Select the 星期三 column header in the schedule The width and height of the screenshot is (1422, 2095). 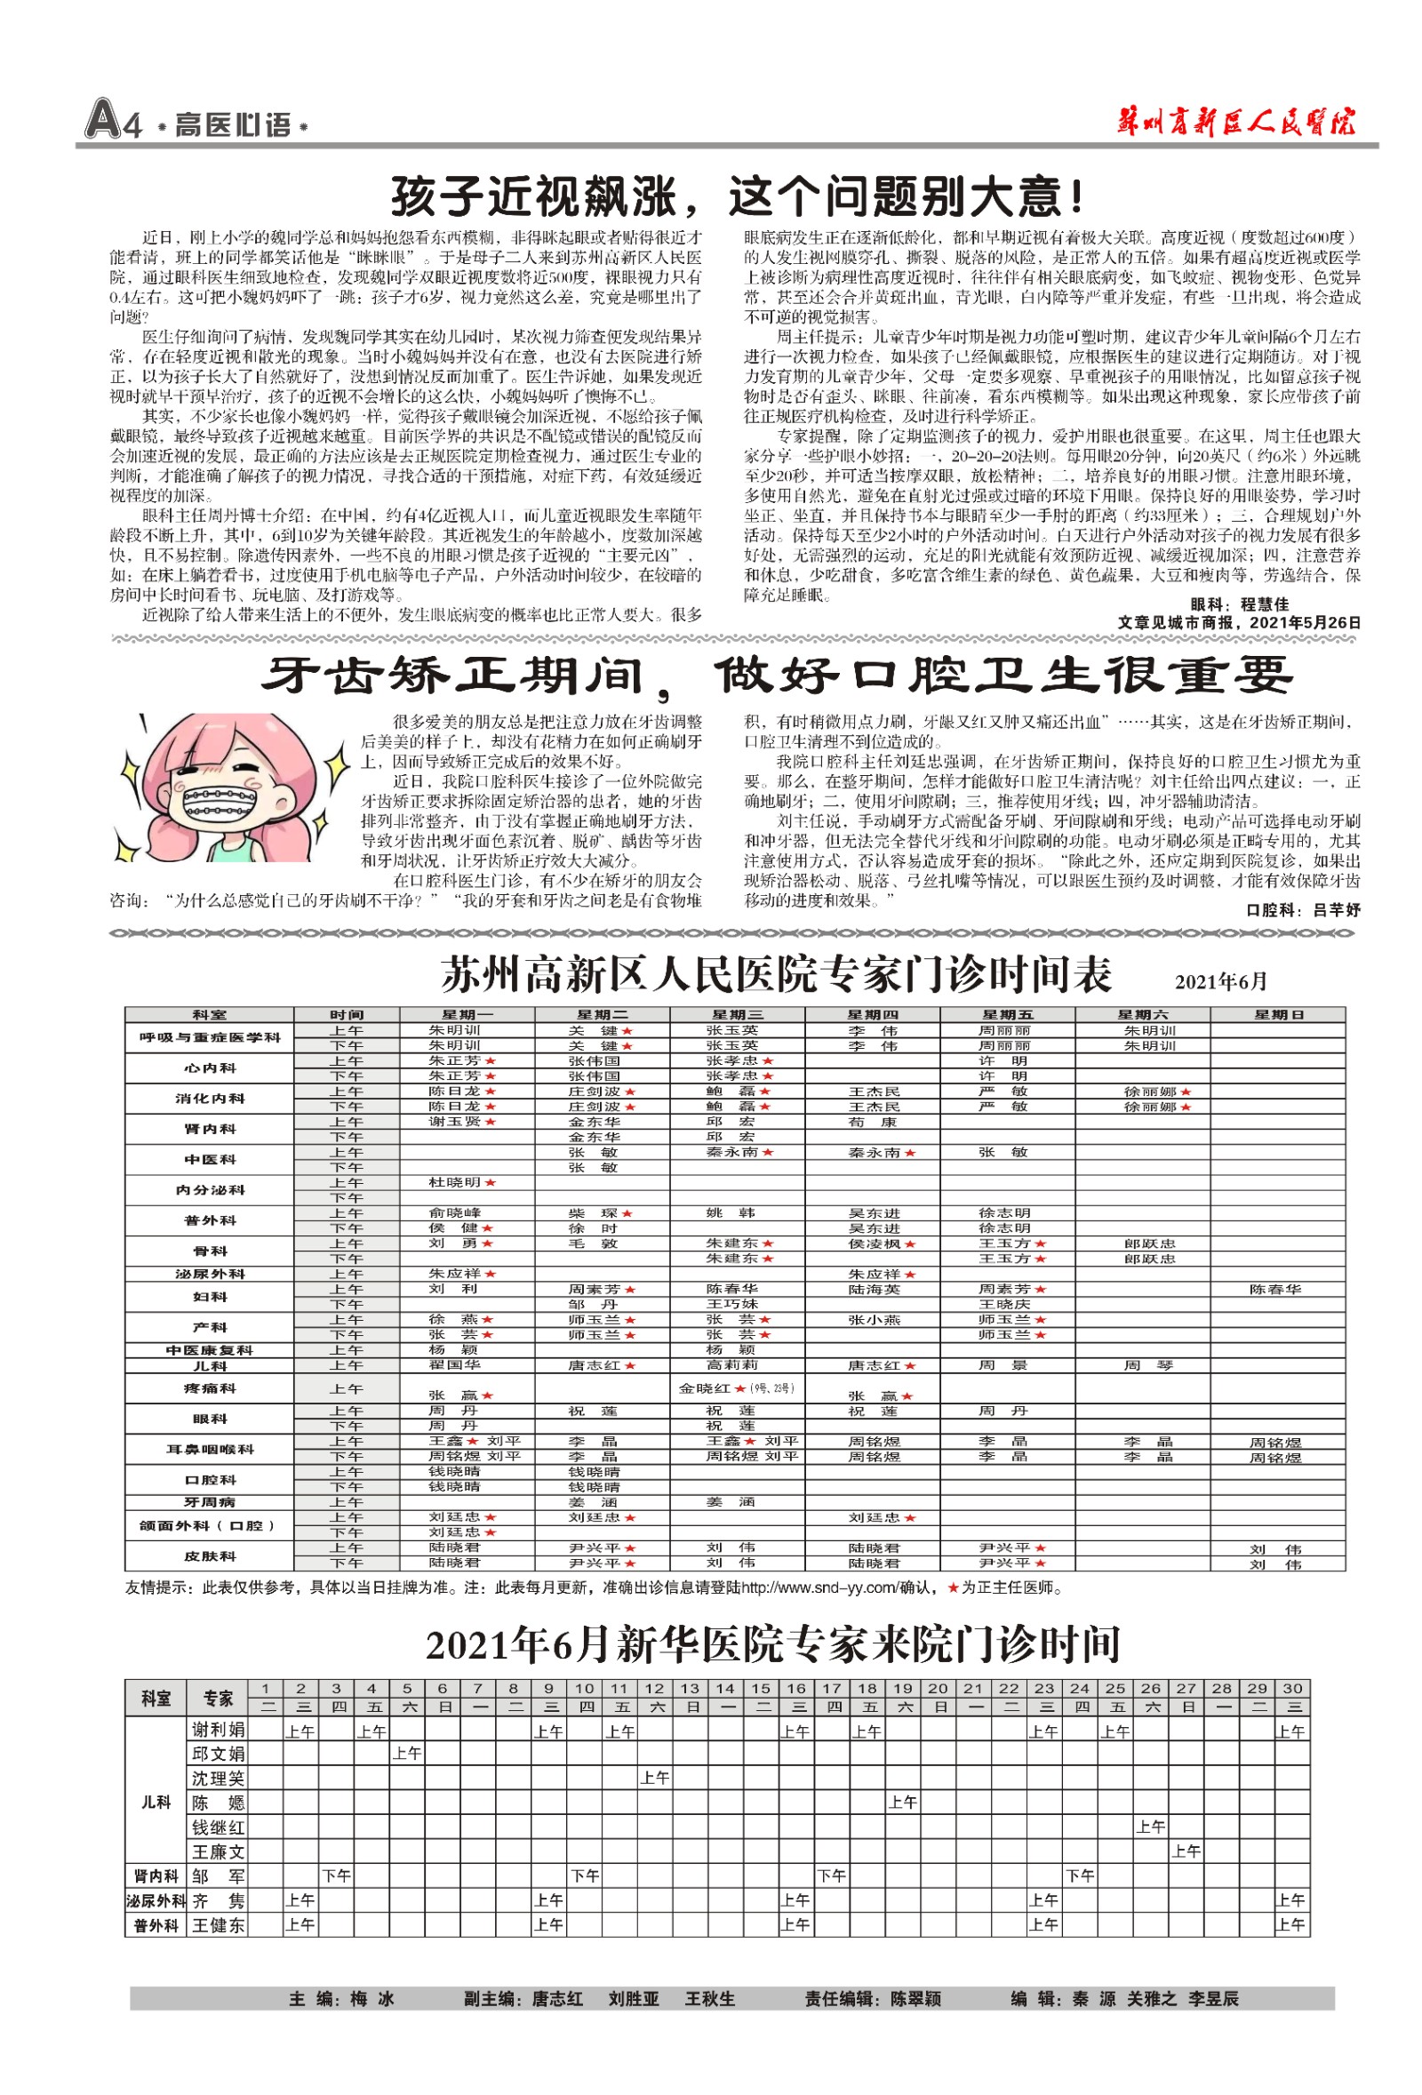[x=736, y=1015]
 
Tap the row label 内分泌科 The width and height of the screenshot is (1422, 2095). [x=210, y=1190]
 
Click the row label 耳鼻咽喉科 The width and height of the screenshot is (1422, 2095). [x=210, y=1449]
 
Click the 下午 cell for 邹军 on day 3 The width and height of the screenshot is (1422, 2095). [x=336, y=1876]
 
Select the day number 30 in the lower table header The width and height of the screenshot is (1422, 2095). [x=1292, y=1689]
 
